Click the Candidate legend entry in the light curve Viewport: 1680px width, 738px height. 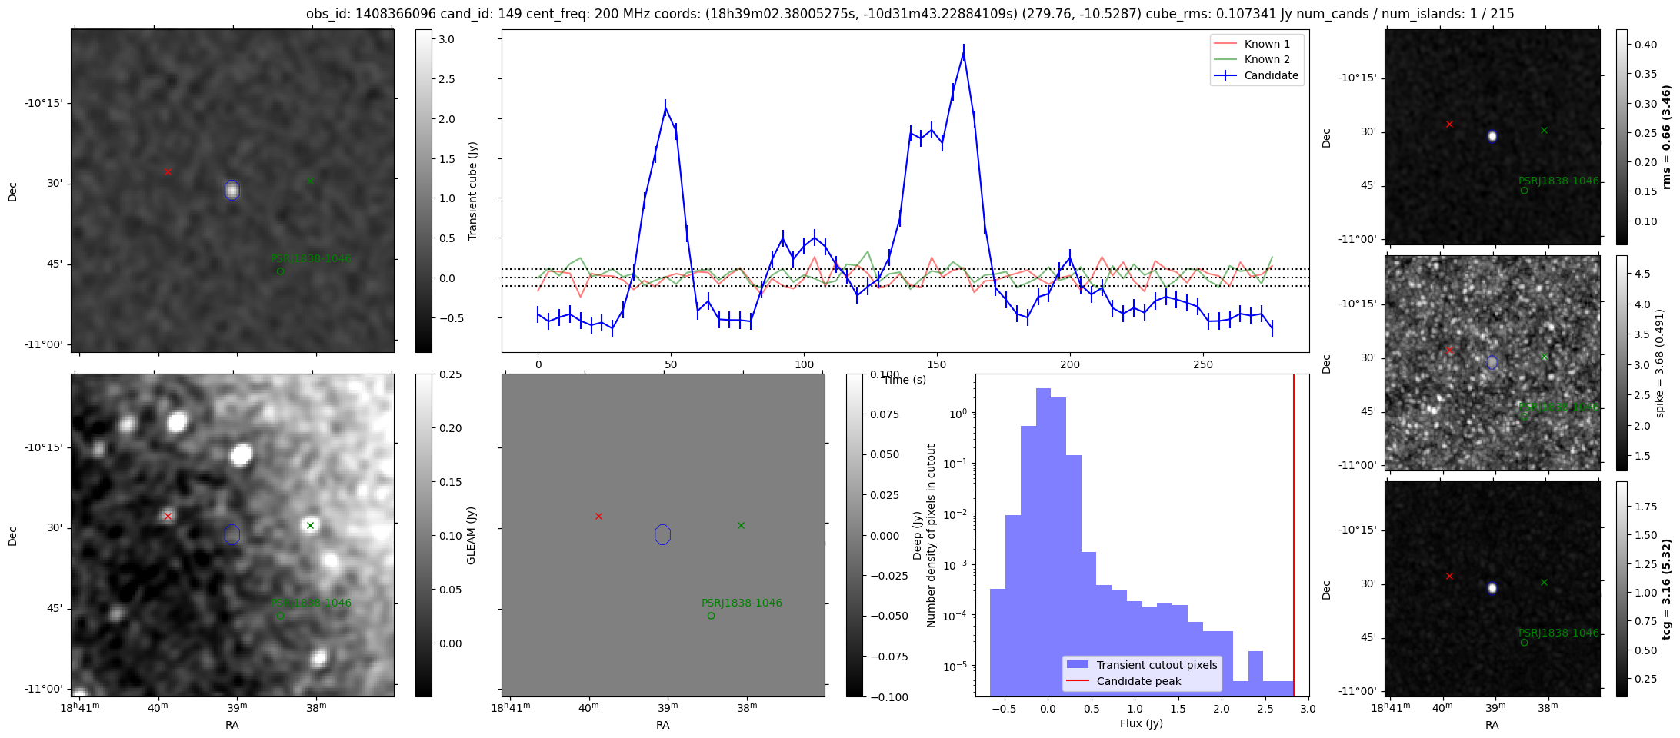click(1271, 75)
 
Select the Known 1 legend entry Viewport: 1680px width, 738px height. click(1267, 44)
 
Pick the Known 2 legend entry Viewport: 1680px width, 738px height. click(1267, 59)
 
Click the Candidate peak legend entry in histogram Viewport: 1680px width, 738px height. click(1138, 681)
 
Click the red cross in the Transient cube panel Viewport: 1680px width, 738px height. click(168, 171)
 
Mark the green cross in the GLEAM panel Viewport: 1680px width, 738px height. click(310, 526)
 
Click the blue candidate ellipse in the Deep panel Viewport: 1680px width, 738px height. click(663, 535)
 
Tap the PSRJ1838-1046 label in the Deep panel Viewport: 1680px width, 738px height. click(742, 603)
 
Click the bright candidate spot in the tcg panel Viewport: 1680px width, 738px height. click(1492, 588)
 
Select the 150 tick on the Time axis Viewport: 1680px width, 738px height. click(936, 364)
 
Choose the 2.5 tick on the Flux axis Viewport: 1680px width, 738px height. click(1264, 709)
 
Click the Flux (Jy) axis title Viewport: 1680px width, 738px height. click(1142, 723)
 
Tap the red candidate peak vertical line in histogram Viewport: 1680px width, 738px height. click(1294, 538)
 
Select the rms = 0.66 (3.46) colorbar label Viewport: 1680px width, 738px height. click(1666, 137)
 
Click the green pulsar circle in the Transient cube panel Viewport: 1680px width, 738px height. click(280, 271)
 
